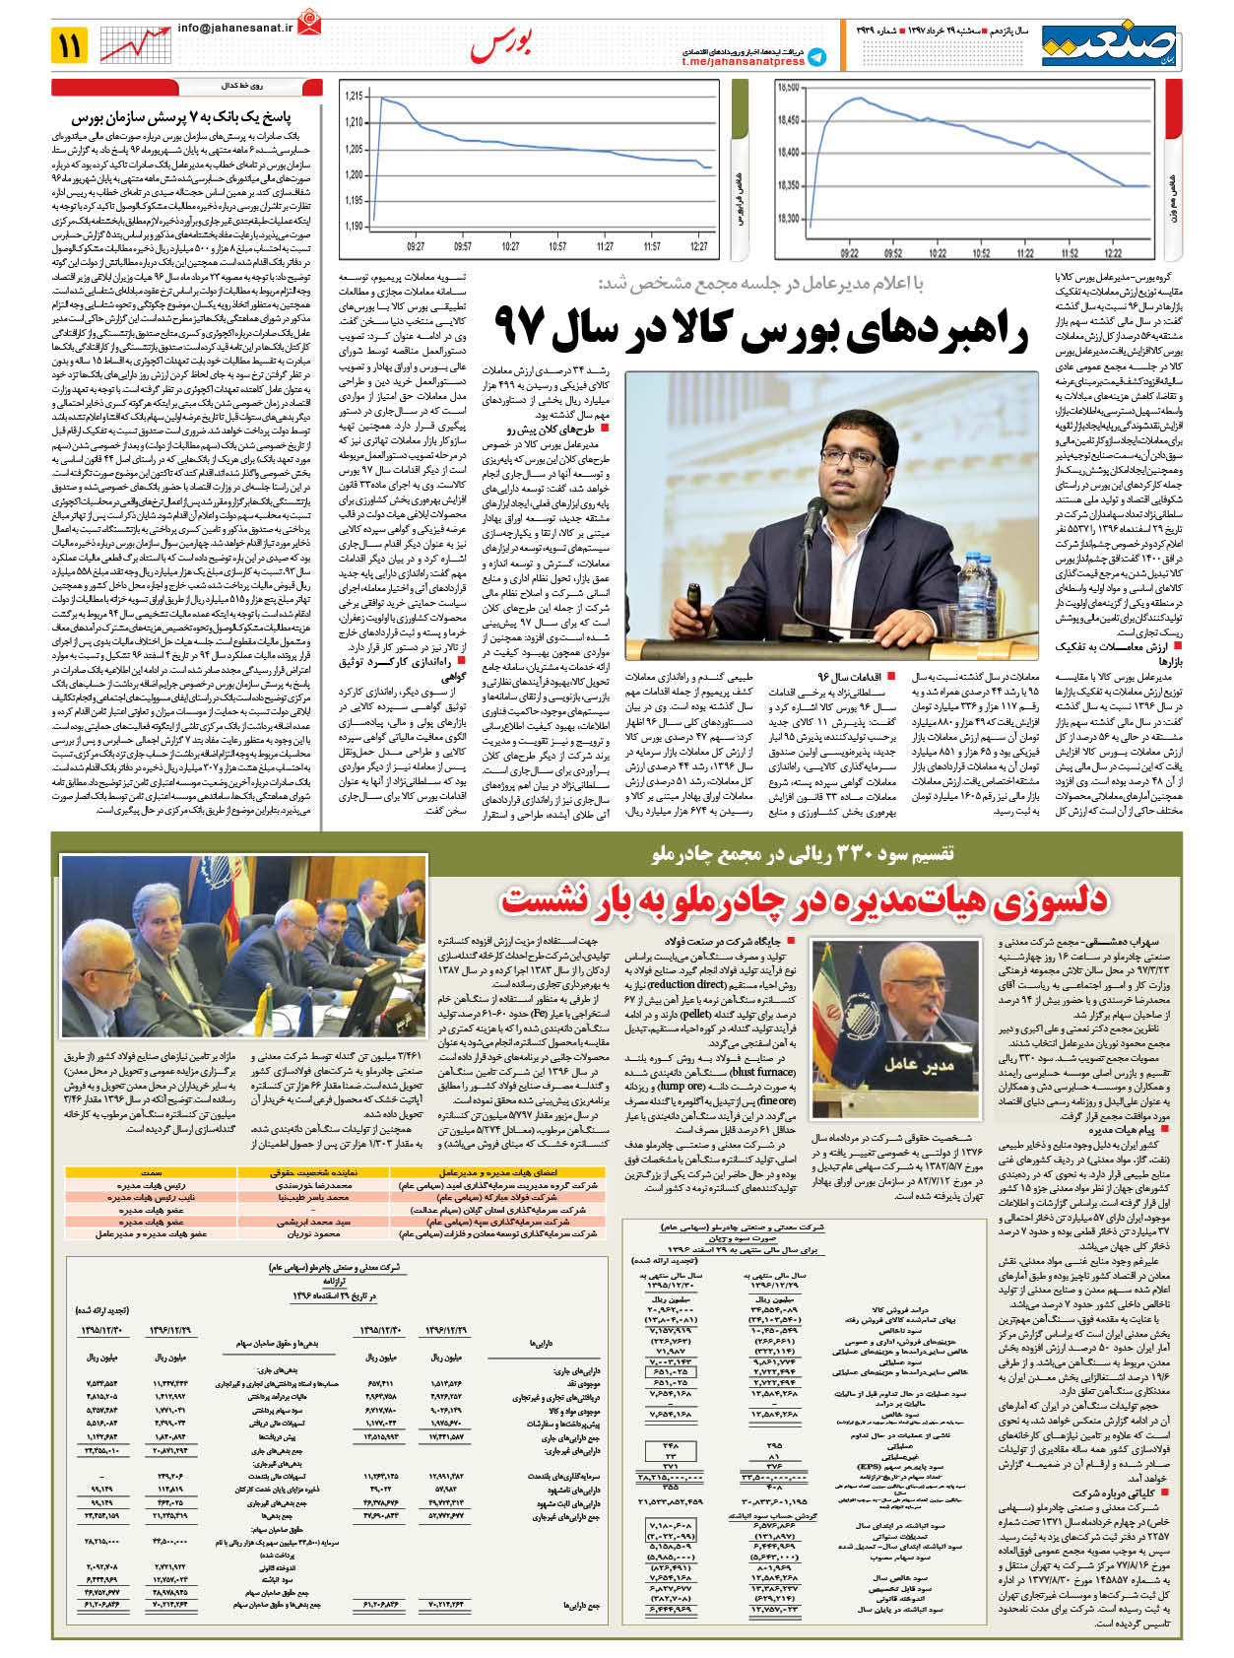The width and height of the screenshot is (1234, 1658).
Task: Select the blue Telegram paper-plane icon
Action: click(816, 57)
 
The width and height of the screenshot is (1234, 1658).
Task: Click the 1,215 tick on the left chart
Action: click(354, 97)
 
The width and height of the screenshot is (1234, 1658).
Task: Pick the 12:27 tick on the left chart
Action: click(699, 246)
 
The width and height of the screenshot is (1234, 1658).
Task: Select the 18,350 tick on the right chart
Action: click(788, 185)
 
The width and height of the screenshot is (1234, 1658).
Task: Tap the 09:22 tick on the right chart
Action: click(850, 253)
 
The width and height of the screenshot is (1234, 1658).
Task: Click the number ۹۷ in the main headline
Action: click(519, 326)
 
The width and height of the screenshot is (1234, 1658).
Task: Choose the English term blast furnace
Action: click(763, 1072)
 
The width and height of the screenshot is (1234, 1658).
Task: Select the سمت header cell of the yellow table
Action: click(152, 1173)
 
